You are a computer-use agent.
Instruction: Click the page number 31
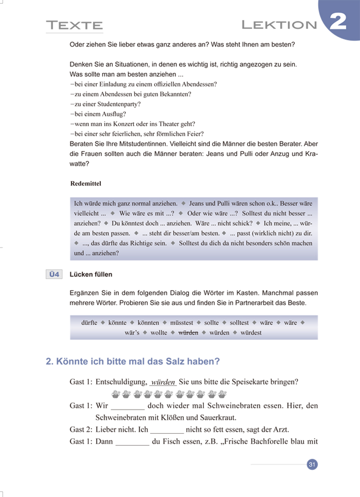(312, 465)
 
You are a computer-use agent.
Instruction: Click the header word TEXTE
(74, 26)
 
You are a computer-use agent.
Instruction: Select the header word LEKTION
(279, 25)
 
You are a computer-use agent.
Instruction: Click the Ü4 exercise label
(54, 275)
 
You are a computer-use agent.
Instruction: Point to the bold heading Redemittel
(86, 184)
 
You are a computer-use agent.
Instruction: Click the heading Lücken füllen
(91, 275)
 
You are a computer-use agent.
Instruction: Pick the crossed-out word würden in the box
(188, 333)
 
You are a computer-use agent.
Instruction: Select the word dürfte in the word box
(89, 323)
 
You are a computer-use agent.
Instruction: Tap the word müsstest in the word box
(182, 323)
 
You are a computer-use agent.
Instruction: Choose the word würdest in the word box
(251, 333)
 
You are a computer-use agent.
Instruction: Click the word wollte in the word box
(159, 333)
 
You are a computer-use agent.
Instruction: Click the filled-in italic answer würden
(163, 382)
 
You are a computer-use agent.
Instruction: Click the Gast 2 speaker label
(81, 430)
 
